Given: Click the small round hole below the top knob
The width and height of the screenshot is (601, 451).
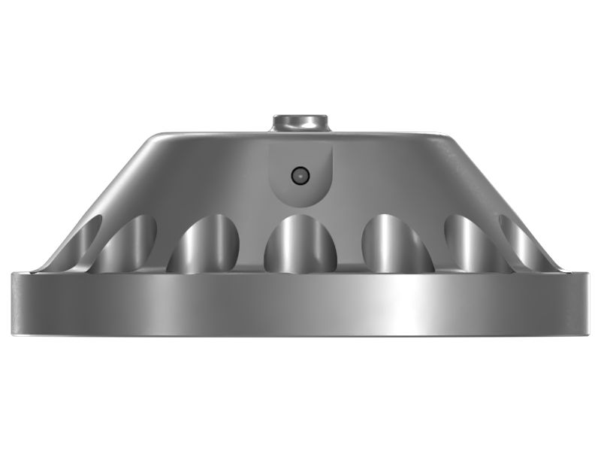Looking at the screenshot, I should (x=300, y=175).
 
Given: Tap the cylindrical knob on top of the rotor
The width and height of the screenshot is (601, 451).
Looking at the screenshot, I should (x=300, y=123).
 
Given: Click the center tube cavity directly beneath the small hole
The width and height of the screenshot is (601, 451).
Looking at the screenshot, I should (x=300, y=244).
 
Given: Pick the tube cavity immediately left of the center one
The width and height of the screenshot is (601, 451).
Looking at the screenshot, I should (x=204, y=244).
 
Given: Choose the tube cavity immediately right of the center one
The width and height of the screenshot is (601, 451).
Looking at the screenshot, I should (x=396, y=244).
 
